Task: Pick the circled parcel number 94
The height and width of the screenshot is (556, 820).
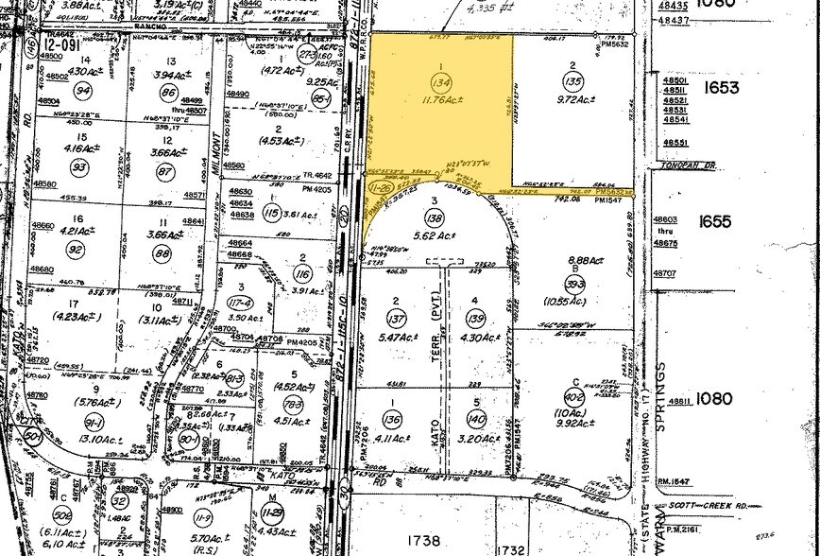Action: pos(84,91)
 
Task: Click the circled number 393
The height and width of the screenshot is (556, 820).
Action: pos(571,282)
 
